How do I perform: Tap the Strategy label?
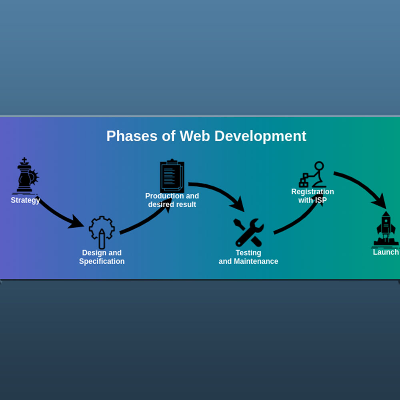click(x=25, y=200)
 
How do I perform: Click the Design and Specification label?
click(x=102, y=257)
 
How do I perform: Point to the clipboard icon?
click(x=172, y=176)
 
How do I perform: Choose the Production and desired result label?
click(x=172, y=200)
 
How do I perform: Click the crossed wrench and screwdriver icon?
click(x=249, y=232)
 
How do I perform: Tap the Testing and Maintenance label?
click(x=248, y=257)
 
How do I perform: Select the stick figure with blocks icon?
click(x=312, y=174)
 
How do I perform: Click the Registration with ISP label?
click(x=312, y=196)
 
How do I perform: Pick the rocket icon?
click(x=386, y=229)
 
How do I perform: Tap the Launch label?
click(x=386, y=252)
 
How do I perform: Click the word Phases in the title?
click(x=132, y=136)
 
